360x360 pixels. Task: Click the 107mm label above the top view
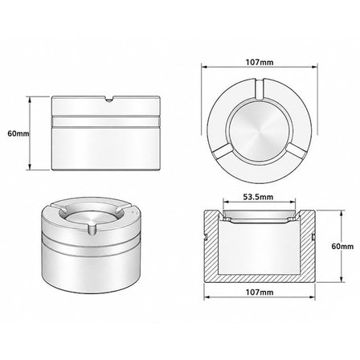(x=260, y=62)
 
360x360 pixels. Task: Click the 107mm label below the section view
(x=260, y=292)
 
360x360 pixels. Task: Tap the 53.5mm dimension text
(x=258, y=197)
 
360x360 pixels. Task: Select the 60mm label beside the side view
(x=18, y=133)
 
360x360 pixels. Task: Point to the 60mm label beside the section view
(x=342, y=246)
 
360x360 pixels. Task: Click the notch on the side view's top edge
(x=108, y=99)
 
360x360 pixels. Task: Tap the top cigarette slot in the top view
(x=260, y=89)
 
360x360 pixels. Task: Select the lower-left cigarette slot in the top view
(x=221, y=152)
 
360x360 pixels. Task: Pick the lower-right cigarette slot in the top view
(x=297, y=152)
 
